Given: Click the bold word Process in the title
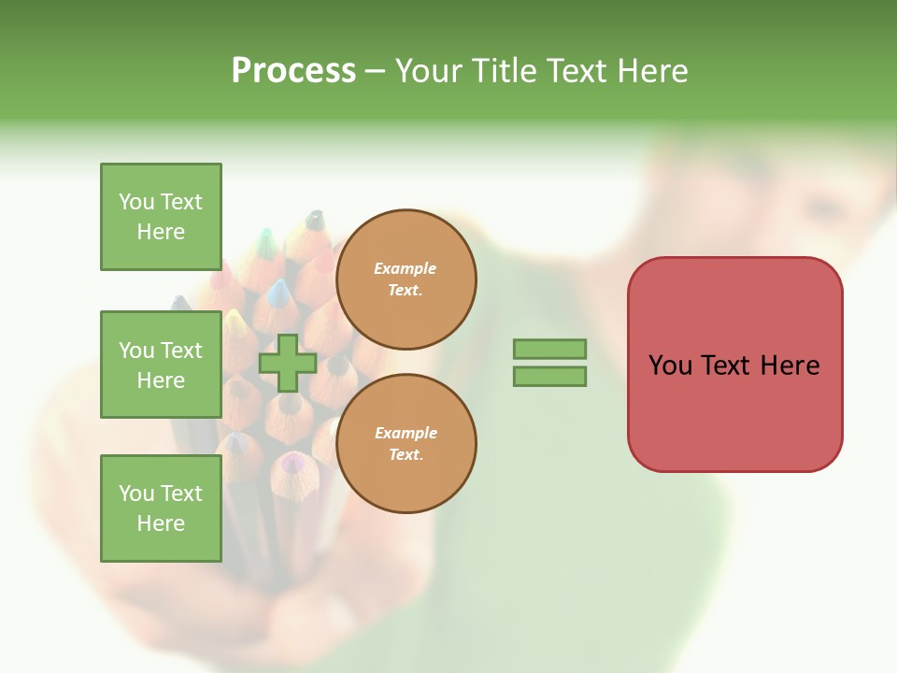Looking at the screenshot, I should click(x=293, y=71).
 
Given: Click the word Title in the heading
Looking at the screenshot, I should click(x=502, y=71).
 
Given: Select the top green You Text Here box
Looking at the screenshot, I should click(x=161, y=217).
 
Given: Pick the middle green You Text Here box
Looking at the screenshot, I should click(x=161, y=365).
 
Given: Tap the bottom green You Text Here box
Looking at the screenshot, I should click(x=161, y=508).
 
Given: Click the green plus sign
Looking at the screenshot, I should click(x=288, y=363).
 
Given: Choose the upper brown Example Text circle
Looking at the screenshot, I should click(x=406, y=279).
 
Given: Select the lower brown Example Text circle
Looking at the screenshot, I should click(x=406, y=444).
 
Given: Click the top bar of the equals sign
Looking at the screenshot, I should click(x=549, y=350).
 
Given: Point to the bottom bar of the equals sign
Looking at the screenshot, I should click(x=549, y=376).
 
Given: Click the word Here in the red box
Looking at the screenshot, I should click(x=790, y=365).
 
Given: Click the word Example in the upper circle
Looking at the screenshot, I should click(x=406, y=268).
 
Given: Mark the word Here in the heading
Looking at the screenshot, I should click(x=651, y=71).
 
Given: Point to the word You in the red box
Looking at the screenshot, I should click(x=670, y=365).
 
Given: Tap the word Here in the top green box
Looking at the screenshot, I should click(x=161, y=232).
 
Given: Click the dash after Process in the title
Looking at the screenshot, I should click(x=375, y=71).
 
